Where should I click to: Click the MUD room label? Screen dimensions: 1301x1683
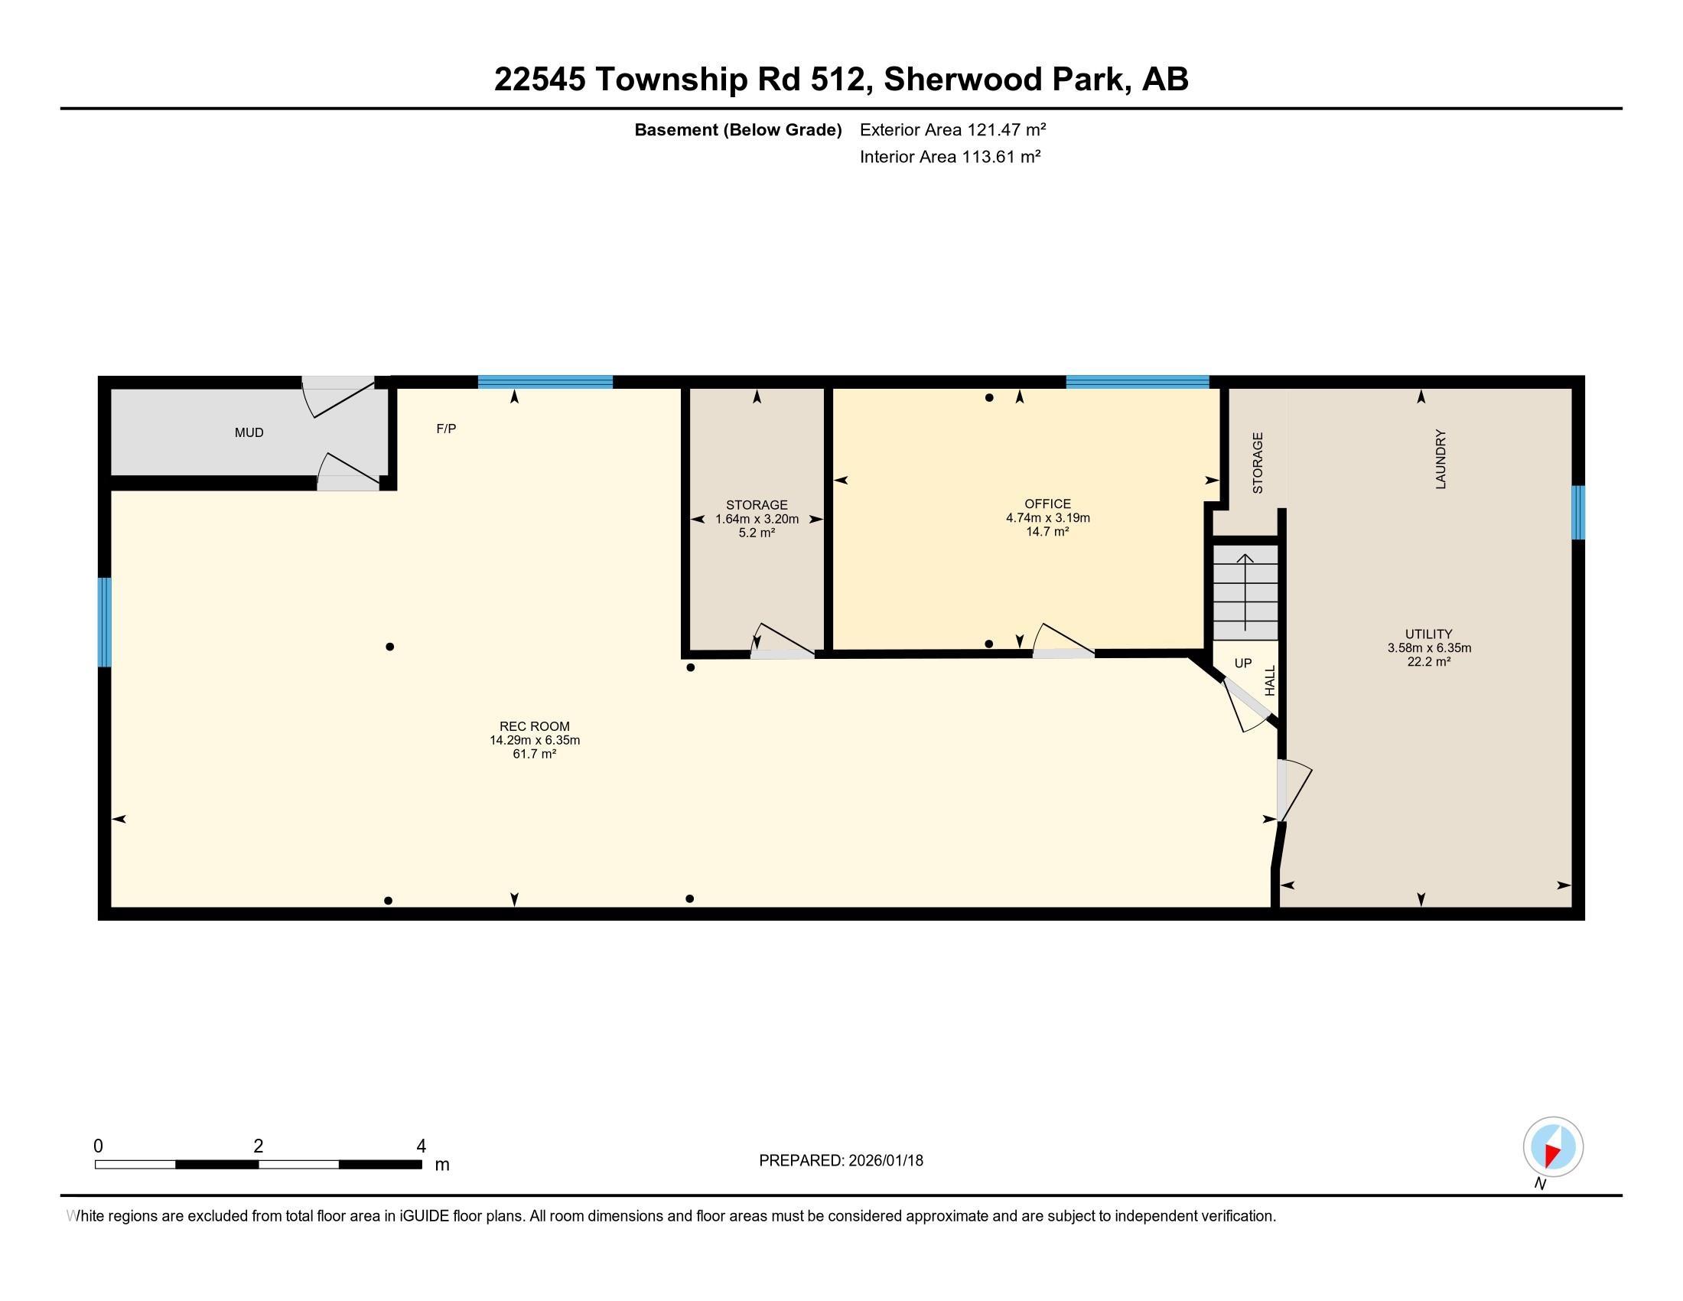click(x=249, y=432)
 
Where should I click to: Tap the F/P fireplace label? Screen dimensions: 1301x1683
click(x=446, y=429)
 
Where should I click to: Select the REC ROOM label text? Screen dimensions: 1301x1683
click(x=534, y=726)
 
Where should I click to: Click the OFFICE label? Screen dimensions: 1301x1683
click(x=1047, y=504)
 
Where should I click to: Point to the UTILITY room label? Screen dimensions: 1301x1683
click(x=1428, y=634)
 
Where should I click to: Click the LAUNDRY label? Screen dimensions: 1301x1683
click(x=1440, y=459)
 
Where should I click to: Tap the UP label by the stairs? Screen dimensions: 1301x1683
click(x=1242, y=663)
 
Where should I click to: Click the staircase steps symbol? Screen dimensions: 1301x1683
click(x=1245, y=591)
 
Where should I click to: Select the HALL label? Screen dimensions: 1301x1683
click(x=1270, y=680)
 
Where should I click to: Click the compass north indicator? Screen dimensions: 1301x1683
click(x=1552, y=1148)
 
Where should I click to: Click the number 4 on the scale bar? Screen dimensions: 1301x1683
click(x=421, y=1146)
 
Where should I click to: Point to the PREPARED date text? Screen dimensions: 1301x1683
click(x=841, y=1161)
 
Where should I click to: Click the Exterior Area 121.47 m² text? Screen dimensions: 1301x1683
click(x=952, y=129)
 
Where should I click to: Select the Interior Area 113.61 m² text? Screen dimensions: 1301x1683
click(x=950, y=157)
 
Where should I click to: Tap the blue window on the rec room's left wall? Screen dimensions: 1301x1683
click(x=105, y=622)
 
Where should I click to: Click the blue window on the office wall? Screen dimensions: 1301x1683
click(x=1137, y=382)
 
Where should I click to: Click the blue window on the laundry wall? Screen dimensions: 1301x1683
click(x=1577, y=513)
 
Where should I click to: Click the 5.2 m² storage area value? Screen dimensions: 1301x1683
click(x=756, y=533)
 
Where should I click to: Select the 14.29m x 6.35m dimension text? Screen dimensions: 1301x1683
click(x=534, y=740)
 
